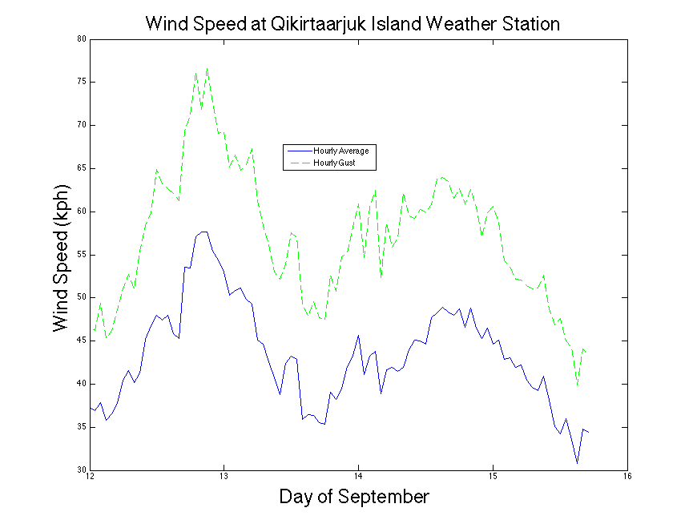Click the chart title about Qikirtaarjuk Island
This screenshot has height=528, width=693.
[x=353, y=23]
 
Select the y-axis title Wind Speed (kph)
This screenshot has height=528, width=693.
[x=61, y=258]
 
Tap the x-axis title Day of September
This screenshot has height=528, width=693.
[x=354, y=497]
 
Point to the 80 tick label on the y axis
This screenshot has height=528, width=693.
[x=81, y=38]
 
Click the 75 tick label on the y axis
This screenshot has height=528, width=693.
[x=81, y=82]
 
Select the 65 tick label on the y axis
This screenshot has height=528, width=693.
[x=81, y=168]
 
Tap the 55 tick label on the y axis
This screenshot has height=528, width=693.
[x=81, y=254]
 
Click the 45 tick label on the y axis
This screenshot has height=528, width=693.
[x=81, y=341]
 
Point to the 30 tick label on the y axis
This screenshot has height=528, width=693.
[x=81, y=470]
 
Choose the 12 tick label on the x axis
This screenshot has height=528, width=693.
[x=90, y=479]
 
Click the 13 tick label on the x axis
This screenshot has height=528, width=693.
[x=224, y=479]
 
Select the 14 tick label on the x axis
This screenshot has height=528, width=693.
[x=359, y=479]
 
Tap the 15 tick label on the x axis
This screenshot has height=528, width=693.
[x=494, y=479]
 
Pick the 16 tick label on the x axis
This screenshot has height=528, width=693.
[x=627, y=479]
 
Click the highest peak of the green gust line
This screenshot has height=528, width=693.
[x=207, y=68]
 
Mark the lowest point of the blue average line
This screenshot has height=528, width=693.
[x=577, y=463]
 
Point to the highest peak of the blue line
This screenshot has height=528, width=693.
[x=204, y=232]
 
